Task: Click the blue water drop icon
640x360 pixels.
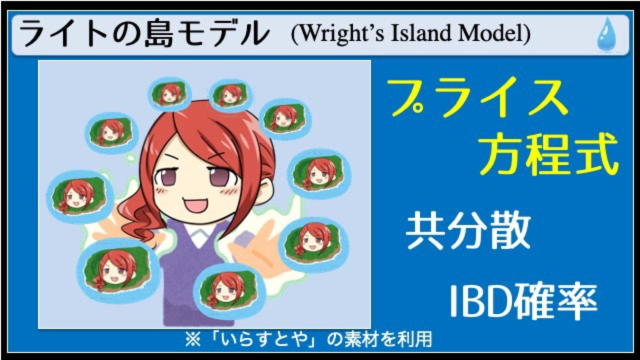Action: point(607,35)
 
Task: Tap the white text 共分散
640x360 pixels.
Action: point(468,231)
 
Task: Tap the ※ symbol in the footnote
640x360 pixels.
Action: point(193,339)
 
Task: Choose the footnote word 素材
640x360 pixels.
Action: point(359,339)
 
